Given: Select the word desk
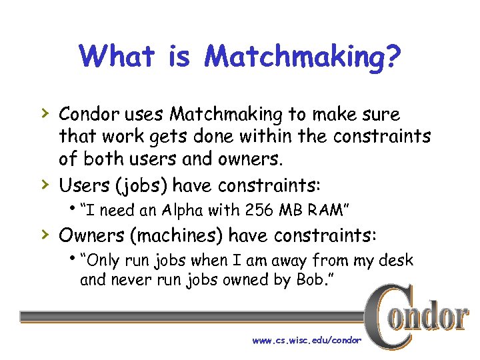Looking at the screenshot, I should (x=396, y=261).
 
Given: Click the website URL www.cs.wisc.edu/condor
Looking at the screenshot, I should (x=307, y=340).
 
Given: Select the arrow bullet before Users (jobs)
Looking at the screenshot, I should (x=45, y=183).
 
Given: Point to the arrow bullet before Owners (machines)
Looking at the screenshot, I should (x=45, y=235).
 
